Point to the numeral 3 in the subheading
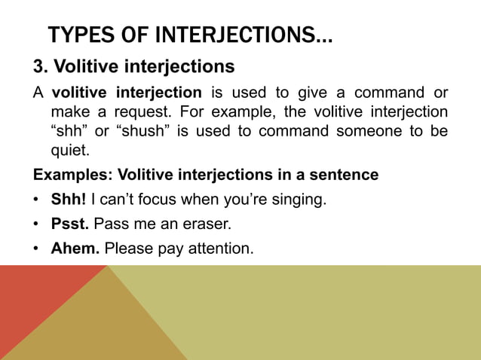(x=38, y=67)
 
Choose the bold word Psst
(x=70, y=224)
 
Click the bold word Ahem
(x=75, y=247)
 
